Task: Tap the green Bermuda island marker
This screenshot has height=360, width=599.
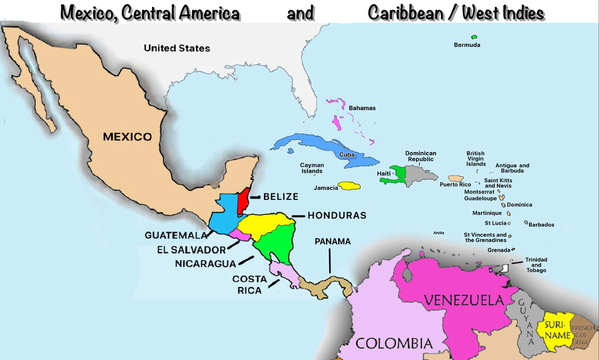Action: point(474,37)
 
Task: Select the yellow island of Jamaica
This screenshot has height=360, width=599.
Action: point(349,185)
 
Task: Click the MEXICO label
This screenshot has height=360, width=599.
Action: point(127,137)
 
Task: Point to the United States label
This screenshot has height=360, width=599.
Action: point(177,48)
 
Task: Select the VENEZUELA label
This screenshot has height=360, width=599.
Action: point(464,300)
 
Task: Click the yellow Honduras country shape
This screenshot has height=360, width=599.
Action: point(265,223)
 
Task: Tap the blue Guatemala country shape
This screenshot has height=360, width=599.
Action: point(222,214)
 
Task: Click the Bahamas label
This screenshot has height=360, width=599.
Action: point(362,108)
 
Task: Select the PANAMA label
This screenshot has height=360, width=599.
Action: point(333,241)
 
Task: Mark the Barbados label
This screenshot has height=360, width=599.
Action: point(542,225)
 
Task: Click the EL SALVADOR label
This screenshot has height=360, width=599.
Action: point(191,249)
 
